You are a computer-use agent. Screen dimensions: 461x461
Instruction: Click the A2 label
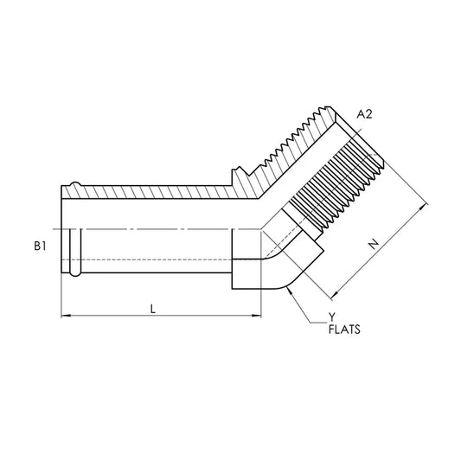point(364,114)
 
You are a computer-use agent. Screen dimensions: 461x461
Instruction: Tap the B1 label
point(40,246)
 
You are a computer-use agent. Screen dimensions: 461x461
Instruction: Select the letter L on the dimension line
point(153,309)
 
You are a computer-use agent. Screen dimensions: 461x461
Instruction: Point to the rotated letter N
point(374,244)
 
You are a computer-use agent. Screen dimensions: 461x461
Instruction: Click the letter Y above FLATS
point(332,317)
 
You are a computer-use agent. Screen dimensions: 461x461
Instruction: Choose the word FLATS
point(344,330)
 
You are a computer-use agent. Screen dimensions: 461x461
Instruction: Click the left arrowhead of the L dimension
point(66,316)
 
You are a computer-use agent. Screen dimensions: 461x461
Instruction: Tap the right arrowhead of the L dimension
point(257,316)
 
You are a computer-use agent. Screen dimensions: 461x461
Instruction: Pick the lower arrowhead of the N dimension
point(334,295)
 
